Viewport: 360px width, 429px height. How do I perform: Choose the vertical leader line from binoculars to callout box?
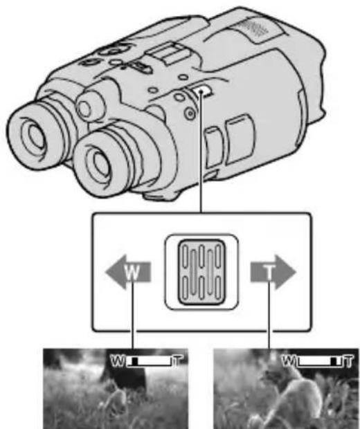click(201, 159)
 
